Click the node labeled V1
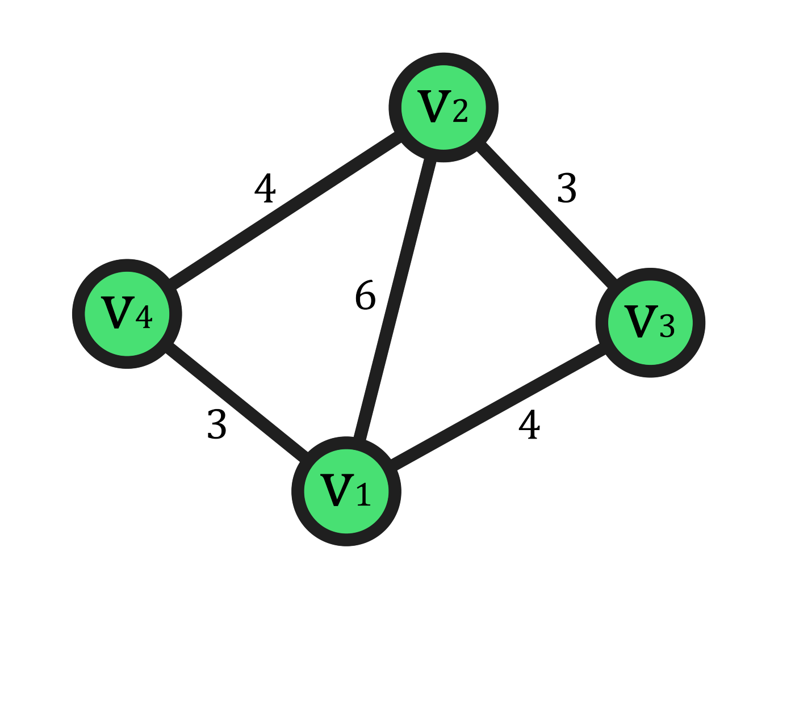(346, 491)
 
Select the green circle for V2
(443, 107)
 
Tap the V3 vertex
(650, 323)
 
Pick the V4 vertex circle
(127, 314)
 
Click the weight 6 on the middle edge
(365, 296)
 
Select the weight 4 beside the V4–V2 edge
(265, 188)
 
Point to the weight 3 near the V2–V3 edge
(567, 188)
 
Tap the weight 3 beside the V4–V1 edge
(217, 424)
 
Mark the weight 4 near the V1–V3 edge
(529, 424)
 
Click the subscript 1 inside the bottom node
(363, 495)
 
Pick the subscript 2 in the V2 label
(461, 111)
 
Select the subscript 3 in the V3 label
(667, 326)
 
